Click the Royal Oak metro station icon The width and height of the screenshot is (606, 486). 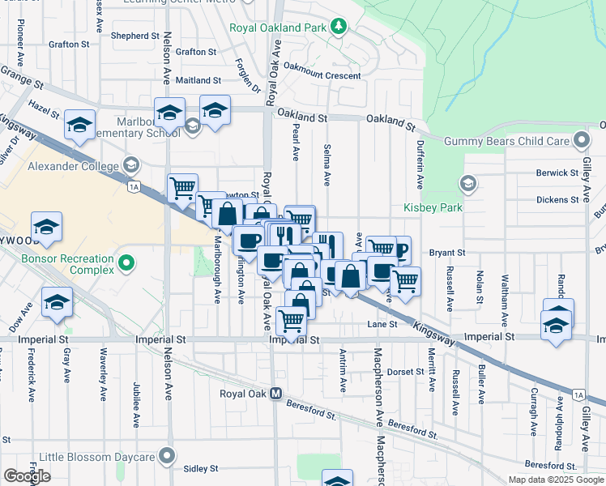pos(275,394)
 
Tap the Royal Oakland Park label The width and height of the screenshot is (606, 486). pos(277,28)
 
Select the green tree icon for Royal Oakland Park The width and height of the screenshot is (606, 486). pos(338,28)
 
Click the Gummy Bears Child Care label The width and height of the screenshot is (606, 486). pos(507,141)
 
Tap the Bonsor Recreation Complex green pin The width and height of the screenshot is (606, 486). pos(126,262)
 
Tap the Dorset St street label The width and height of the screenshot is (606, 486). pos(406,372)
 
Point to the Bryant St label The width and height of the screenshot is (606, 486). pos(447,253)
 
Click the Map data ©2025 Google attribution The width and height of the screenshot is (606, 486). pos(556,480)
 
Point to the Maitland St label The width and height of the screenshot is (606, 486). pos(198,80)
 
